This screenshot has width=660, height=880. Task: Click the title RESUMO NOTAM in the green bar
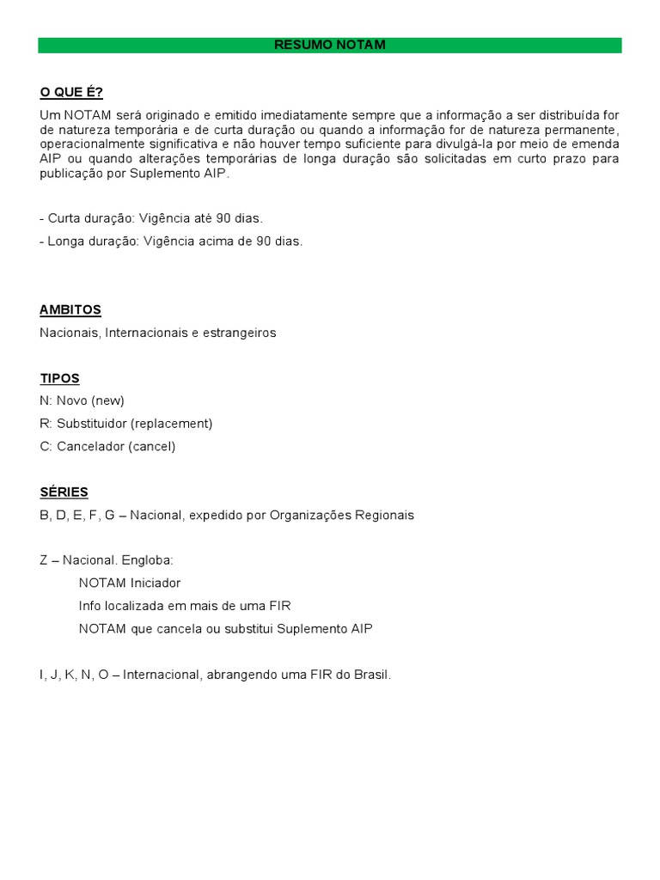[330, 45]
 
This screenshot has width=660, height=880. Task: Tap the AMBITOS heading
[70, 309]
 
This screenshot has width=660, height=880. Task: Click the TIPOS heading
[59, 378]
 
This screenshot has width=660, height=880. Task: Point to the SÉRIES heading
[64, 492]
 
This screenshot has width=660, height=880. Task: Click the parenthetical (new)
[108, 400]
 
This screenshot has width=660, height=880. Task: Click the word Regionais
[383, 516]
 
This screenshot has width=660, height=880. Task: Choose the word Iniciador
[154, 583]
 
